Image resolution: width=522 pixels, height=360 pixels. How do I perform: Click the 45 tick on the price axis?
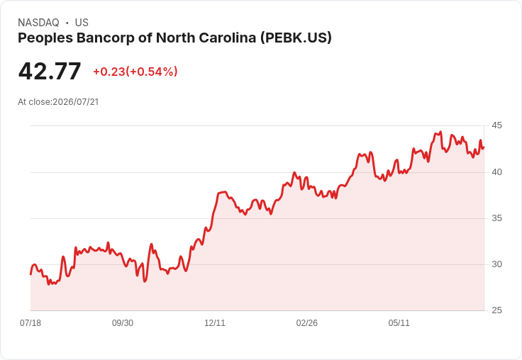[x=496, y=125]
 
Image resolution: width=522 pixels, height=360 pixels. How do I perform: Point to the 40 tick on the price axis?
[x=496, y=172]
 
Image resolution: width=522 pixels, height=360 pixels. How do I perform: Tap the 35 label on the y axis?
[x=496, y=218]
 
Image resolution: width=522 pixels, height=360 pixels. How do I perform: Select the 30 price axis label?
[x=496, y=264]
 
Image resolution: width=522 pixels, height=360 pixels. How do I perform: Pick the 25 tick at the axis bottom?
[x=496, y=310]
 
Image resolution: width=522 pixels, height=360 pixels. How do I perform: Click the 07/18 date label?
[x=30, y=323]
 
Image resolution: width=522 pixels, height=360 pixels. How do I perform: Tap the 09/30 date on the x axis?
[x=123, y=323]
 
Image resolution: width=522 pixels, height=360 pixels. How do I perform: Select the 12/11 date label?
[x=215, y=323]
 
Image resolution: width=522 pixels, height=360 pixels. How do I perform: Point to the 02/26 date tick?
[x=307, y=323]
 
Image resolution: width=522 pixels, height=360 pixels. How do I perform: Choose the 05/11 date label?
[x=399, y=323]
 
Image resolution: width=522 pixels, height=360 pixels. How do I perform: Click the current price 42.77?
[x=50, y=71]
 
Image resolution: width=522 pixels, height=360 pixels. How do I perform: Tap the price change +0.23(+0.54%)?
[x=135, y=72]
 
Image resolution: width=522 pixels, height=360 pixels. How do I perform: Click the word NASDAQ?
[x=38, y=23]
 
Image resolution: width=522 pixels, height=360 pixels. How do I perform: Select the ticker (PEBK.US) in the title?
[x=296, y=38]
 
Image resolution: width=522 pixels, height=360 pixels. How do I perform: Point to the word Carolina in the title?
[x=228, y=38]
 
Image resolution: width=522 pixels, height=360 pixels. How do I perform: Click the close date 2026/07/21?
[x=76, y=102]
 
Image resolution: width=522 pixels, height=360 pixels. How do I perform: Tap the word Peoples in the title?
[x=45, y=38]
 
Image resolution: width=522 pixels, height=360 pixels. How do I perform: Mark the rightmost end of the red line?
[x=484, y=147]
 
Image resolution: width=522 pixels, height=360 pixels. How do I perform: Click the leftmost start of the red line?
[x=30, y=274]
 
